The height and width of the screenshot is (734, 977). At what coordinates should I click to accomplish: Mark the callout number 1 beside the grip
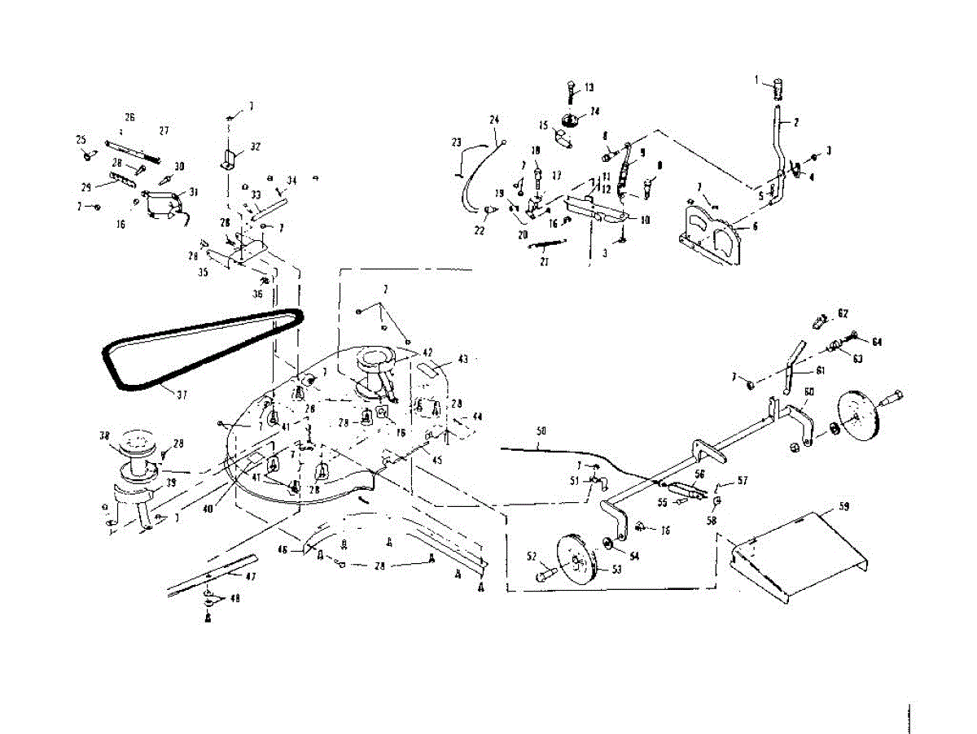click(x=756, y=80)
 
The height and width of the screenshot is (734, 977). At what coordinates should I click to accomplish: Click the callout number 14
click(x=595, y=111)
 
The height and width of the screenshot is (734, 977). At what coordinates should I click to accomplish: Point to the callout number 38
click(x=104, y=436)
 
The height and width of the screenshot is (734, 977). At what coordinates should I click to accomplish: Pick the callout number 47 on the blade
click(x=229, y=574)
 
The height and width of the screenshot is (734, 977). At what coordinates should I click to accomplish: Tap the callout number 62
click(x=843, y=313)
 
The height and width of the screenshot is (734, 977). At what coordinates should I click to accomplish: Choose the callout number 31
click(x=193, y=193)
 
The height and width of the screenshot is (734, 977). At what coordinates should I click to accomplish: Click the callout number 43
click(x=463, y=359)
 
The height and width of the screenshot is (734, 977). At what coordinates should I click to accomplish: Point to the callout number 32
click(x=256, y=146)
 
